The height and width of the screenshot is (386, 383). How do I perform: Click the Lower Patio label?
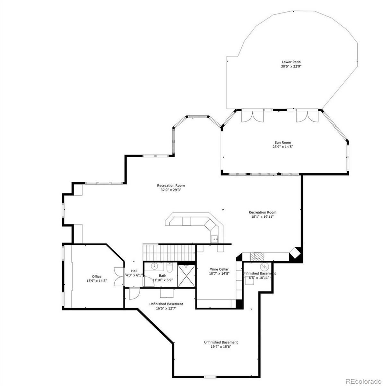click(291, 62)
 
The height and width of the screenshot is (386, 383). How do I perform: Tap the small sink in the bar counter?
click(215, 239)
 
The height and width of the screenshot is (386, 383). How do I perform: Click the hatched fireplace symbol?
click(257, 256)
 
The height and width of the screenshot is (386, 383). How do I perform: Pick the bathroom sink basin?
click(154, 266)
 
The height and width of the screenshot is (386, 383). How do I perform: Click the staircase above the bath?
click(169, 252)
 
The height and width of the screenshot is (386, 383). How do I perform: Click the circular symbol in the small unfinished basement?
click(264, 266)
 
